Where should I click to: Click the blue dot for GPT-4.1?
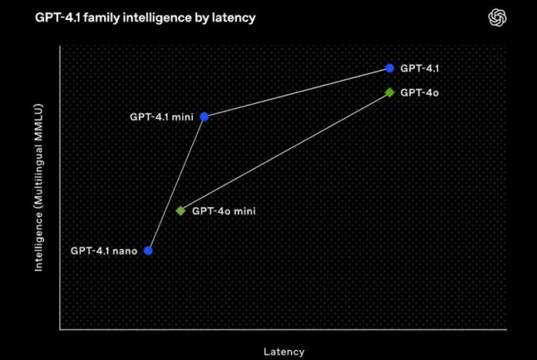coord(390,68)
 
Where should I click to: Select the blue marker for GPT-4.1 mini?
coord(204,116)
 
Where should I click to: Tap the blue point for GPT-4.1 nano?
coord(148,251)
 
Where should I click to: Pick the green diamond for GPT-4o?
coord(390,93)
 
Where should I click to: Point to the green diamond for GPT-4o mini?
coord(181,210)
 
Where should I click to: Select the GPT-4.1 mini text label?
coord(161,116)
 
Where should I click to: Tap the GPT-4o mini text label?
coord(224,210)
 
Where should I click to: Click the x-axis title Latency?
coord(284,352)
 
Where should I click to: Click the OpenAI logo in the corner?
coord(498,17)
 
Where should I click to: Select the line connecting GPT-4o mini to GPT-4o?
coord(285,151)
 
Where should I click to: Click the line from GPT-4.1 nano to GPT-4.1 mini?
coord(177,183)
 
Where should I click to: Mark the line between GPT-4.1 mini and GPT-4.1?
coord(297,93)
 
